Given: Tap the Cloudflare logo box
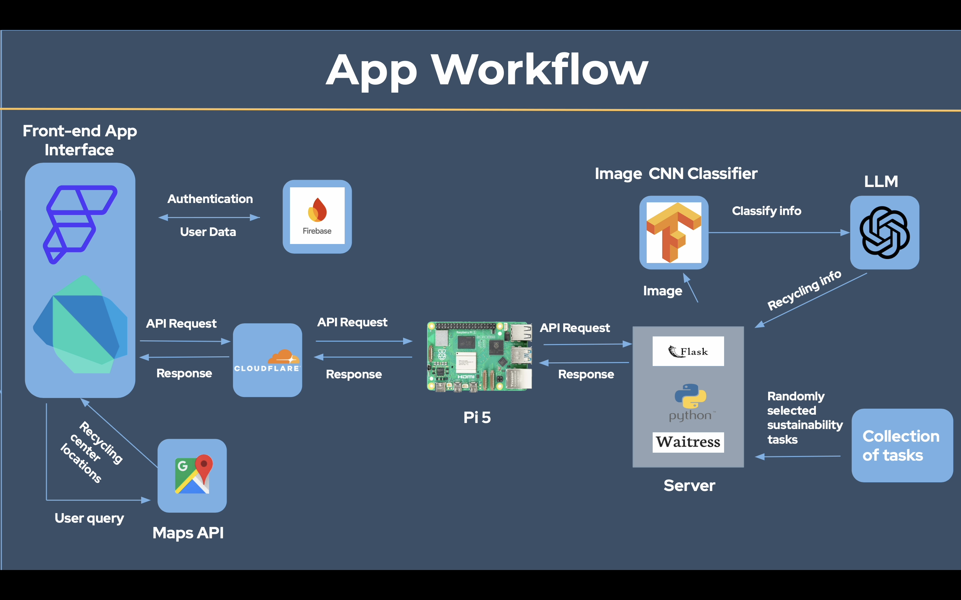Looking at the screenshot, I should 267,360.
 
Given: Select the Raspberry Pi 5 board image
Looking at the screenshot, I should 479,356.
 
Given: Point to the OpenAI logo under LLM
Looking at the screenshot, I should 884,233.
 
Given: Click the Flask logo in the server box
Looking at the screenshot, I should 688,351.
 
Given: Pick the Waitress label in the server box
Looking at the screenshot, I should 688,442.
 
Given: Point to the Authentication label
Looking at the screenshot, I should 210,199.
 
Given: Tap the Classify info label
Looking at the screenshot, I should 766,211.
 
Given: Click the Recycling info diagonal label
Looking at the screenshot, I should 804,290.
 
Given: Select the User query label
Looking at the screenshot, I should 89,518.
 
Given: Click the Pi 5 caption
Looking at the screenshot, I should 477,417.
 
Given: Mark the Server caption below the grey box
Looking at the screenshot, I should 689,486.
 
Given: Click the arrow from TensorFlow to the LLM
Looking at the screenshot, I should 778,233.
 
